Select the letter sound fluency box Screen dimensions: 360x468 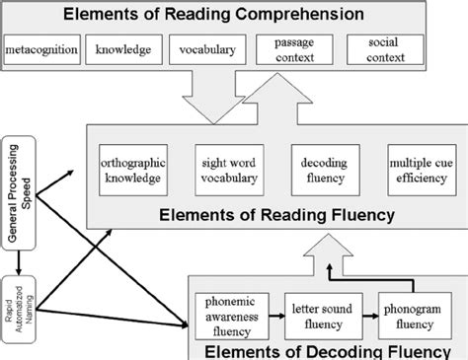(x=318, y=310)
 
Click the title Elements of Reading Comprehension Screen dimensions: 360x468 (x=233, y=15)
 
